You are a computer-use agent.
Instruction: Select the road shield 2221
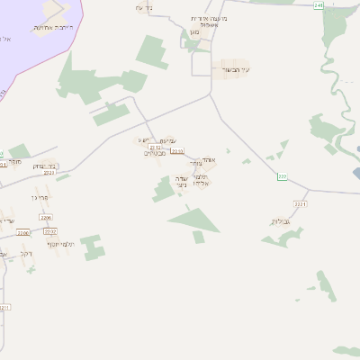(300, 204)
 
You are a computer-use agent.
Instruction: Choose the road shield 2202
(50, 230)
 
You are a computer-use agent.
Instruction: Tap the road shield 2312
(154, 148)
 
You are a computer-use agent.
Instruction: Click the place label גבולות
(281, 220)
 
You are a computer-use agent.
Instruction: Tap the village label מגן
(194, 31)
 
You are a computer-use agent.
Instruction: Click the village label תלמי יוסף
(59, 243)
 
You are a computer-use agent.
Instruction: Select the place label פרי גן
(39, 196)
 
